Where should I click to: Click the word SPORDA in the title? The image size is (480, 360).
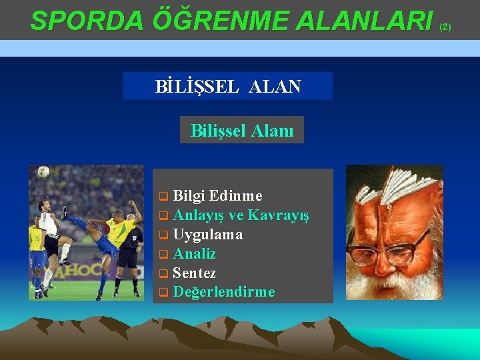pos(87,21)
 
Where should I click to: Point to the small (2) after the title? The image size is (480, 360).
pos(445,27)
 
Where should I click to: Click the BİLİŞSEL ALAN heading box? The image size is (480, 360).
pos(227,86)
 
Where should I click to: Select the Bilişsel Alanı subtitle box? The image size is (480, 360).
pos(241,130)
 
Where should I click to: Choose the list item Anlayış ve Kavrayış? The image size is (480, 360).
pos(241,215)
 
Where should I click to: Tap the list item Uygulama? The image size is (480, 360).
pos(207,235)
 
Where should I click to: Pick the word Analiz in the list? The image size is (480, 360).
pos(194,254)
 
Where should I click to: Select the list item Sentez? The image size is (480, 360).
pos(194,273)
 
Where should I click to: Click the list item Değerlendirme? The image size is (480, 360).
pos(223,293)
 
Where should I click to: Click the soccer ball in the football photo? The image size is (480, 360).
pos(43,172)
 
